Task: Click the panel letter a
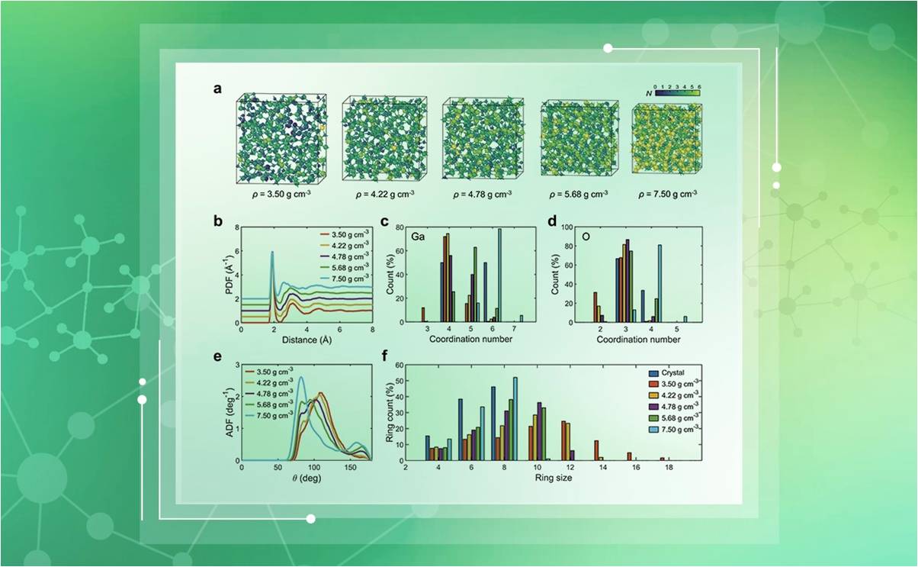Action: click(218, 89)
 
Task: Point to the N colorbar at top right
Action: click(677, 92)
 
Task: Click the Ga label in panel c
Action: click(419, 237)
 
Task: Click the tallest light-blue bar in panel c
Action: click(500, 275)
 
